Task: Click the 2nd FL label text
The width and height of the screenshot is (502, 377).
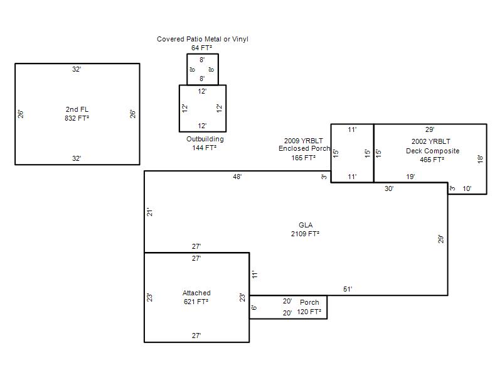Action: click(x=77, y=109)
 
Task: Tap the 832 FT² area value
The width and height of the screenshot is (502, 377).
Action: click(x=77, y=118)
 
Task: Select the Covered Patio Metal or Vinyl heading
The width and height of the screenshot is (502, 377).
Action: click(x=202, y=39)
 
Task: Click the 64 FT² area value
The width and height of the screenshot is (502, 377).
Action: click(x=201, y=48)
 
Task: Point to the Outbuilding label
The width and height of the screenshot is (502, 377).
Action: click(x=205, y=139)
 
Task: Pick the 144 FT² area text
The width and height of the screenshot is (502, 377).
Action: click(x=205, y=148)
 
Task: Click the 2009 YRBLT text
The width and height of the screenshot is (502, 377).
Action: click(x=304, y=141)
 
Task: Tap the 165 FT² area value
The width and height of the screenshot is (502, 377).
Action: click(x=304, y=158)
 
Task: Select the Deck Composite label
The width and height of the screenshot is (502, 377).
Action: click(x=432, y=151)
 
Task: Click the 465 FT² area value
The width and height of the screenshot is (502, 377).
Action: click(x=432, y=160)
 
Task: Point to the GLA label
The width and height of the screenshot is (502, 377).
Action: click(x=306, y=225)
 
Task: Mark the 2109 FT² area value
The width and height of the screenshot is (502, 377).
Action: click(x=305, y=234)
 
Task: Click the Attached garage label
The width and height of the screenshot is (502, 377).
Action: click(x=196, y=293)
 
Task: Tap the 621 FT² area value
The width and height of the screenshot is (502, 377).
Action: click(x=196, y=302)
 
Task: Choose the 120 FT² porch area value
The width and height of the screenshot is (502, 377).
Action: click(x=309, y=312)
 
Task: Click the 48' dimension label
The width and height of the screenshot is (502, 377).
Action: click(x=237, y=177)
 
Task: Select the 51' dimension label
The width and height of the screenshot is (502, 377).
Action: click(x=348, y=289)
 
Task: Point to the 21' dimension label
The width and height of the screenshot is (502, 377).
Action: click(x=150, y=212)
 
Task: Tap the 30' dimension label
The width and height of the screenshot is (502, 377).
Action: click(x=389, y=188)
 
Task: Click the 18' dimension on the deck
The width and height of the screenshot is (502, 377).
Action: click(x=480, y=159)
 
